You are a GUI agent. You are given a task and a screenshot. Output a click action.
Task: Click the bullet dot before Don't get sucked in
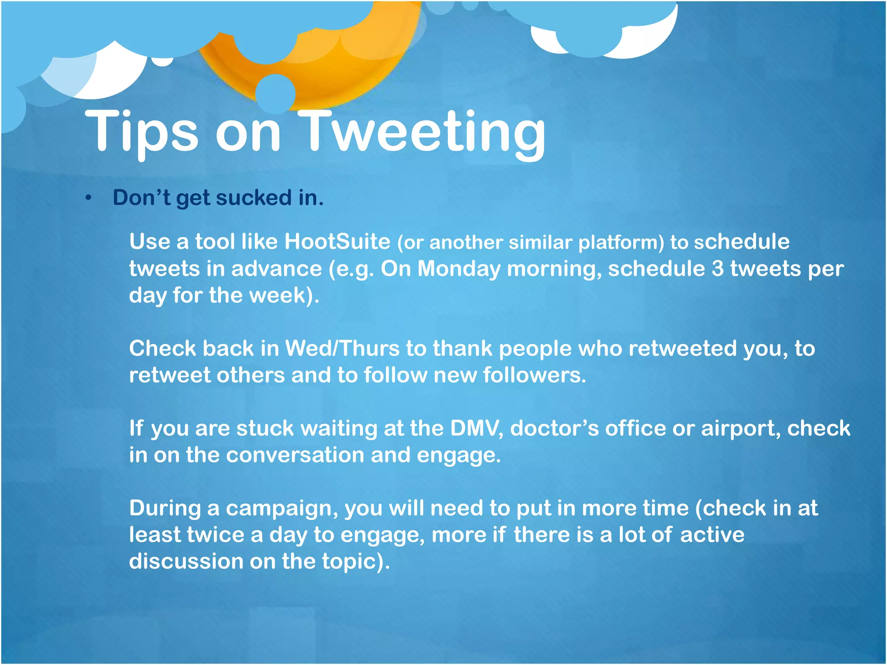click(x=88, y=198)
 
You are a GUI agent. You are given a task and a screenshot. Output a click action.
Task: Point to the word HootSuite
click(x=337, y=242)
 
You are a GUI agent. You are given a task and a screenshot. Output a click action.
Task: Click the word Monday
click(x=459, y=269)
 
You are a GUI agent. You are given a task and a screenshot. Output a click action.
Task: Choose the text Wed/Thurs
click(x=342, y=349)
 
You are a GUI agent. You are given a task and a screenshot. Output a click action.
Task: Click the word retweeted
click(x=683, y=349)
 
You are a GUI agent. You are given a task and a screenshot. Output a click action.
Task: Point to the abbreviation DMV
click(x=476, y=429)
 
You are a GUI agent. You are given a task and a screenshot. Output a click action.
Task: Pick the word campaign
click(x=282, y=509)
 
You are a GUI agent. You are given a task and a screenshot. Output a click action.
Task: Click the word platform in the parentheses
click(x=621, y=242)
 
